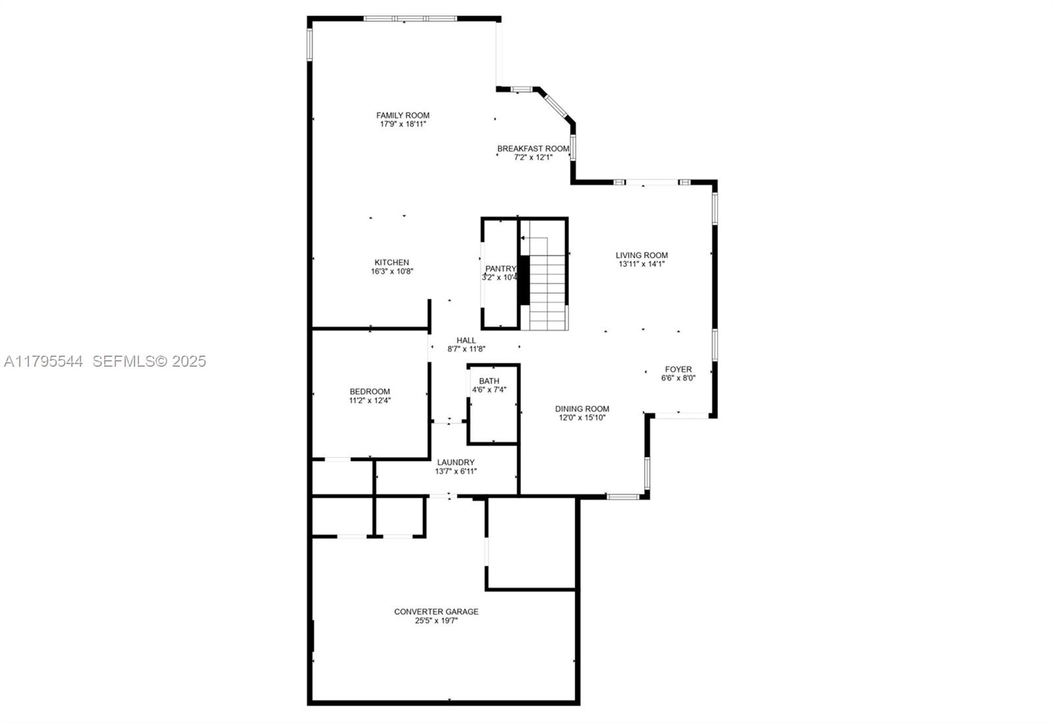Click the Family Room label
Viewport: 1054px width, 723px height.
(x=402, y=115)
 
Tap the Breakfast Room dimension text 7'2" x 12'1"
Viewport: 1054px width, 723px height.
(x=533, y=157)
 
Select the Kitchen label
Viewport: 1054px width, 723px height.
(x=392, y=262)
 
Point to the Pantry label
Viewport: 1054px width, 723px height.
(x=501, y=269)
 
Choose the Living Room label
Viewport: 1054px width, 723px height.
(x=642, y=255)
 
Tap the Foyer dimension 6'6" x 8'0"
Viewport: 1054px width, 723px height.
(x=678, y=378)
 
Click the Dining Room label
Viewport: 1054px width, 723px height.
(x=582, y=409)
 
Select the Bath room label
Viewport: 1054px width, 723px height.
(x=489, y=381)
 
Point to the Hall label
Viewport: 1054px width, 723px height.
(x=466, y=340)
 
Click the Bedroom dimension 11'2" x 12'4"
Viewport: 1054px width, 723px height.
(x=370, y=400)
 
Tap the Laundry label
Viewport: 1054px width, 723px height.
(x=455, y=462)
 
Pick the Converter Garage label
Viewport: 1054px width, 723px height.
(x=436, y=612)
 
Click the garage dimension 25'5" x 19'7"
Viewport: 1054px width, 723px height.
(x=436, y=620)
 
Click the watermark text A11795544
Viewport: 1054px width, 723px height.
(x=43, y=361)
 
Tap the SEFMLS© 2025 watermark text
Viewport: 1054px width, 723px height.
(x=149, y=361)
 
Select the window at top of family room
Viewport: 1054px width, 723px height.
(x=410, y=18)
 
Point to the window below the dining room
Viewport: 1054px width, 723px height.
(x=623, y=496)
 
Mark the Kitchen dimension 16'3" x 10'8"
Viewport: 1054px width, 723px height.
(x=392, y=271)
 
